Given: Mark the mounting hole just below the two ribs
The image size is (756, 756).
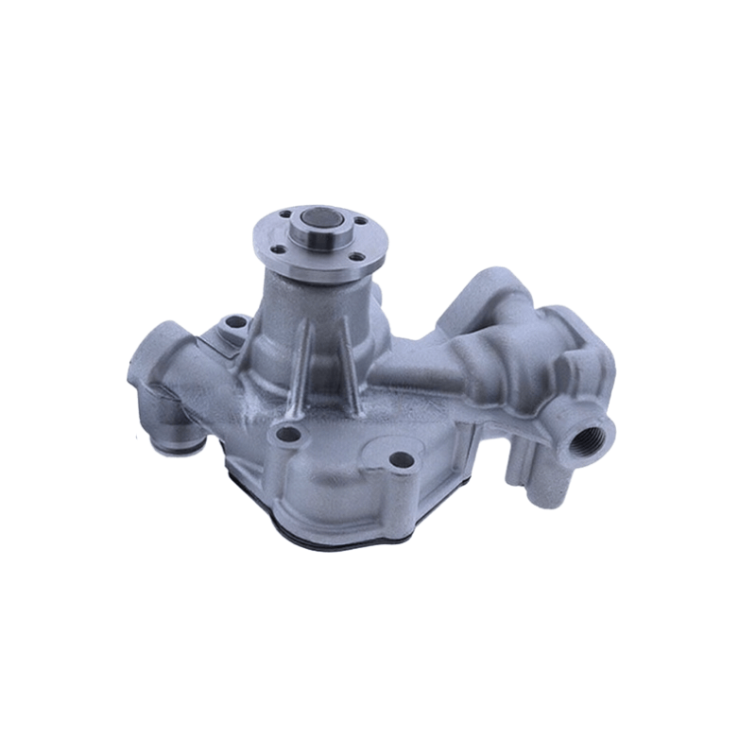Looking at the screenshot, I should [290, 436].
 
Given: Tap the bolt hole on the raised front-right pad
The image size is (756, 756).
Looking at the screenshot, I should [401, 460].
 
